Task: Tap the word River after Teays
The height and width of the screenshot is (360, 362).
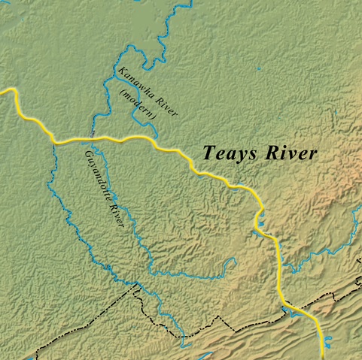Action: coord(291,152)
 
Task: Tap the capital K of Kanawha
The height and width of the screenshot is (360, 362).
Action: coord(120,70)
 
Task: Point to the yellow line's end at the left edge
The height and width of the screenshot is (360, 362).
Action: coord(2,90)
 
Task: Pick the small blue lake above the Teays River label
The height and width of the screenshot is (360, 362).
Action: coord(257,72)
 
